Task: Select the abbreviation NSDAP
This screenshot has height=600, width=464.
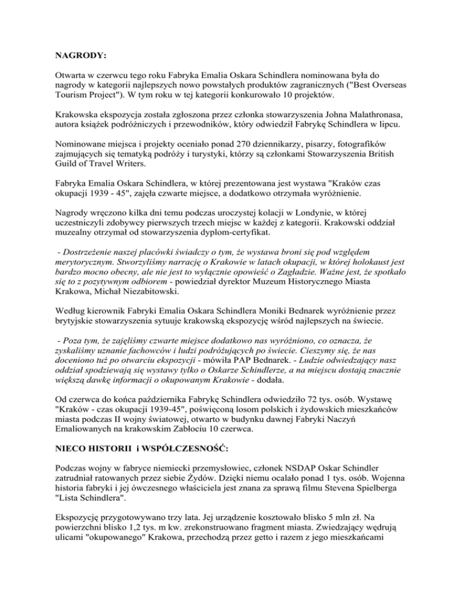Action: [x=291, y=487]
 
